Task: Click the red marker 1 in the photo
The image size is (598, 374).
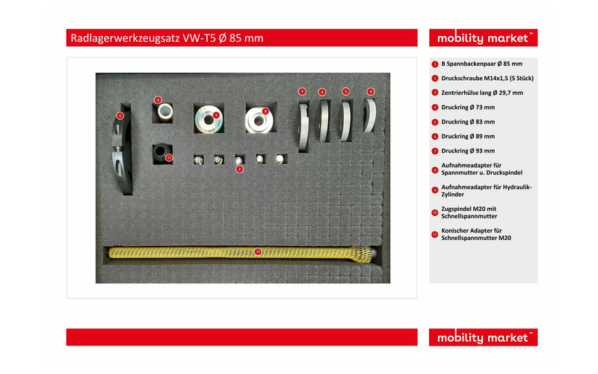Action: click(120, 115)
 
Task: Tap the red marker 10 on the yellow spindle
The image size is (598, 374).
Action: click(258, 251)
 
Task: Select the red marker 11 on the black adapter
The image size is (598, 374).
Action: click(169, 158)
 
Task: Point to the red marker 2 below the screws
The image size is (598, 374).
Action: click(238, 169)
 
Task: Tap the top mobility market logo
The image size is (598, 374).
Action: click(483, 38)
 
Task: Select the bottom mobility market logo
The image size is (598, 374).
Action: click(483, 337)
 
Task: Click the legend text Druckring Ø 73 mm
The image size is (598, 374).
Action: click(468, 107)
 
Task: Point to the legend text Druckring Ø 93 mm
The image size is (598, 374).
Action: click(468, 150)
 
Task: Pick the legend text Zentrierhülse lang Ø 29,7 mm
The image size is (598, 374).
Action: click(482, 93)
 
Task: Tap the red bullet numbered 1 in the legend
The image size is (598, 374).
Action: click(434, 64)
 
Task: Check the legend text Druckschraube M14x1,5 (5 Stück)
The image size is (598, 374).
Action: click(487, 79)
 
